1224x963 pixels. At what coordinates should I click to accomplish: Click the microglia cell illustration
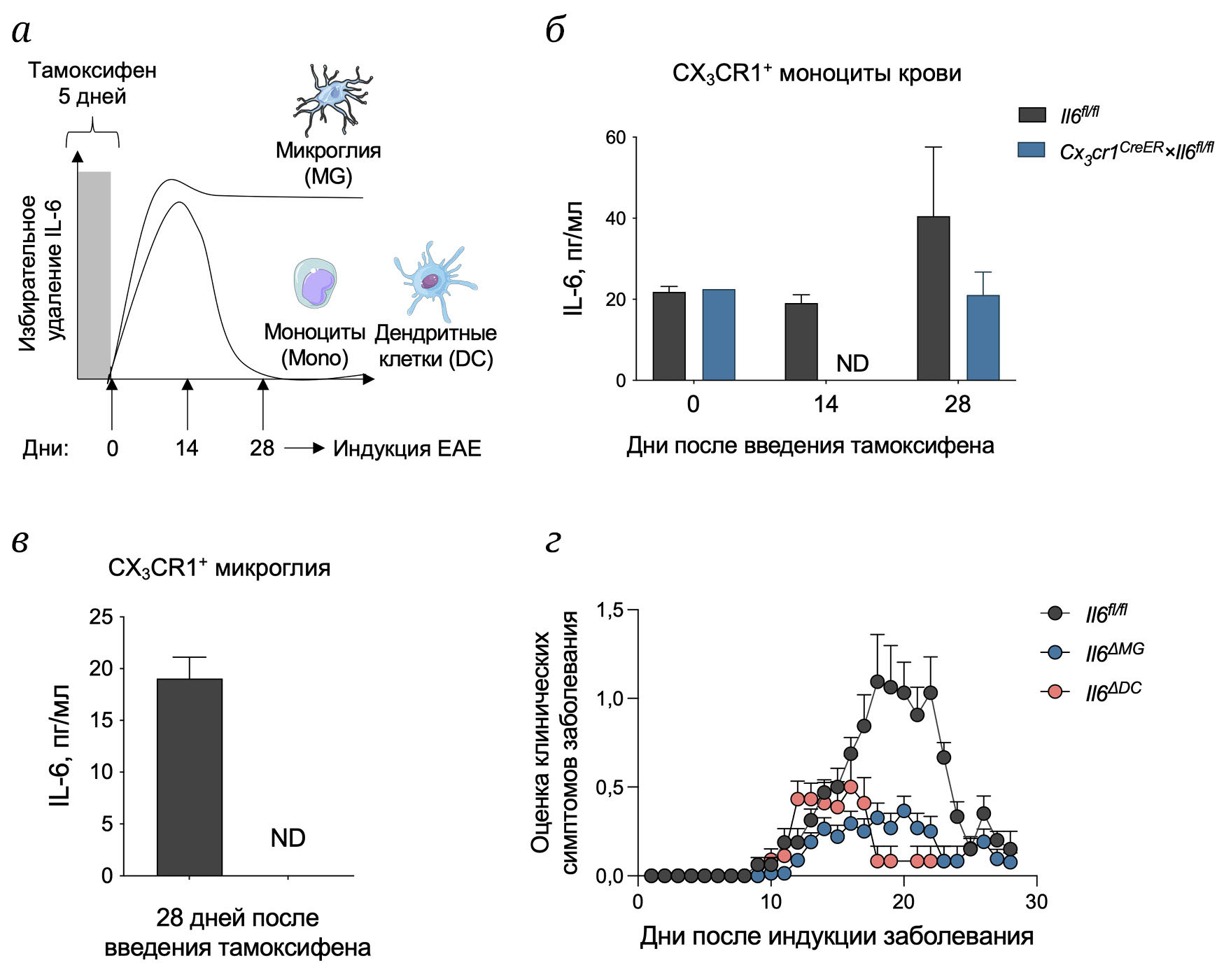[332, 98]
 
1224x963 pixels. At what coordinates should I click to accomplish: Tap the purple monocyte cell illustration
[314, 283]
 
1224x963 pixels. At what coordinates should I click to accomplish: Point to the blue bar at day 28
[983, 337]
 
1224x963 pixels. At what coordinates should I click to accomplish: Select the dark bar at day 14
[801, 342]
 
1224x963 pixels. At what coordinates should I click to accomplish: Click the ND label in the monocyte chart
[852, 363]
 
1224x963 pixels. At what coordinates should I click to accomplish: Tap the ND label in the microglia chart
[288, 838]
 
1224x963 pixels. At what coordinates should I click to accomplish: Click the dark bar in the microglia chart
[189, 777]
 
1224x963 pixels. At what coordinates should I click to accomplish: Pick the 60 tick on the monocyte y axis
[615, 137]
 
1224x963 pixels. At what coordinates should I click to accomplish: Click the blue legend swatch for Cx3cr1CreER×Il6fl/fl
[1031, 150]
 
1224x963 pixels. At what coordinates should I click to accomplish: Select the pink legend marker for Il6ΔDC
[1055, 691]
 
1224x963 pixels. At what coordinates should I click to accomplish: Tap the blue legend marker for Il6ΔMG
[1055, 652]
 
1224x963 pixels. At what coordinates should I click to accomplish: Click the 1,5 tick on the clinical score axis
[610, 610]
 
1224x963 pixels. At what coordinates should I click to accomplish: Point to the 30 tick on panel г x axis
[1036, 901]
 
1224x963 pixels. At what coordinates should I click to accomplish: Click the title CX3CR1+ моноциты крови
[816, 73]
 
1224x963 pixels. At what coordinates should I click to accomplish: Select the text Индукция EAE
[407, 448]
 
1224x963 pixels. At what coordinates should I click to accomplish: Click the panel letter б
[555, 31]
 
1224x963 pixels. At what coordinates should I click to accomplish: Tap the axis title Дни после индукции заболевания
[836, 936]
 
